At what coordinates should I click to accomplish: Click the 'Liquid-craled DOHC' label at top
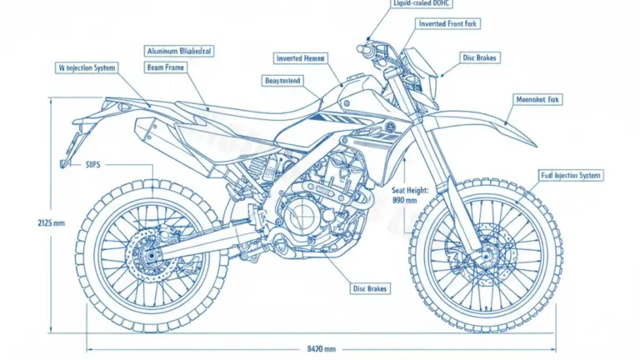[x=422, y=4]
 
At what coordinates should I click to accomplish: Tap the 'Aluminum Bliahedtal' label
[x=179, y=51]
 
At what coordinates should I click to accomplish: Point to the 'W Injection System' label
[x=87, y=67]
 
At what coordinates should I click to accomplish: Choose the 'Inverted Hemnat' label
[x=302, y=58]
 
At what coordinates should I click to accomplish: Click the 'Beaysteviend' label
[x=282, y=80]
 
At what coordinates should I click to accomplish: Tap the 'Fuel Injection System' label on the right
[x=571, y=176]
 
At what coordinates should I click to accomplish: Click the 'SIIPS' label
[x=93, y=165]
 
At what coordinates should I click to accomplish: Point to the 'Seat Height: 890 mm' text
[x=410, y=196]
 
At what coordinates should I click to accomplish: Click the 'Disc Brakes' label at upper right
[x=480, y=58]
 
